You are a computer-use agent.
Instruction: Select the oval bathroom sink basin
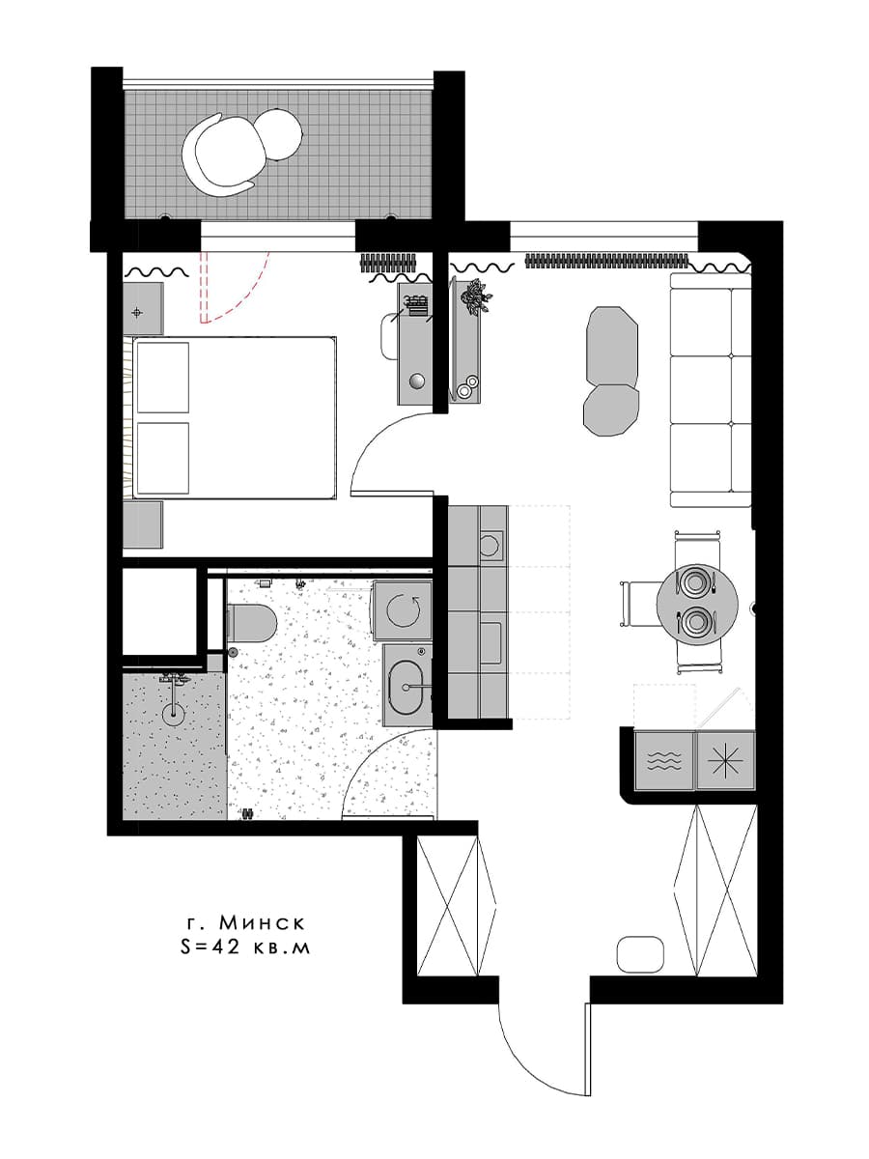(x=406, y=687)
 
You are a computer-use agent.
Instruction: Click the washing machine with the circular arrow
(x=403, y=611)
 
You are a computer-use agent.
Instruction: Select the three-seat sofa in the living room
(x=711, y=389)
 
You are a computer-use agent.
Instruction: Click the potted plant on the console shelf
(x=475, y=297)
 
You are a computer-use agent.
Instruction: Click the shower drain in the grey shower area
(x=173, y=714)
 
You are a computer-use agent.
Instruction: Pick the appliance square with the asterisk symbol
(x=725, y=760)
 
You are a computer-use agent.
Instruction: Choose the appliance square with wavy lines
(x=664, y=760)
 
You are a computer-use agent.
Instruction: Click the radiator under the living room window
(x=606, y=259)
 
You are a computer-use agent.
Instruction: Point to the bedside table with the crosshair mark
(x=143, y=308)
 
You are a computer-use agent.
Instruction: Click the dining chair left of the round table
(x=640, y=604)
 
